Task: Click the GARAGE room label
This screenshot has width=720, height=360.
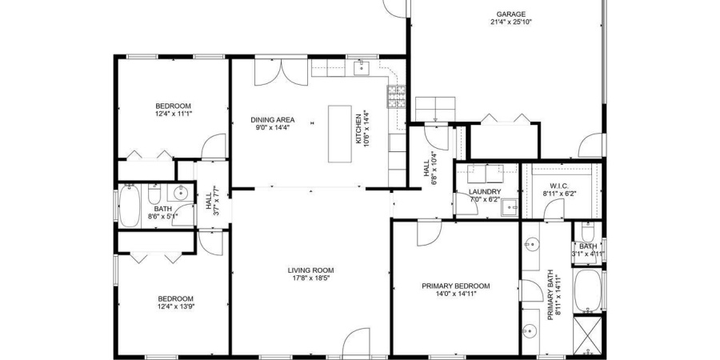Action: [510, 14]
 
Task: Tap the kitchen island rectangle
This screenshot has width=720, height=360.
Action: [340, 134]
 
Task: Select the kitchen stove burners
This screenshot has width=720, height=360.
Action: [397, 97]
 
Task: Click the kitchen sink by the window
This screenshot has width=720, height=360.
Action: [362, 68]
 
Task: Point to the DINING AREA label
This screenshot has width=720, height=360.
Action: [272, 120]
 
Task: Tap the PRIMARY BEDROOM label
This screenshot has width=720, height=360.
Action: [455, 286]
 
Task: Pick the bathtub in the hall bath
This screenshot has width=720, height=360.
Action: [129, 206]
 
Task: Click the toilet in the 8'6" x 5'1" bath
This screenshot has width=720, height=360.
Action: [154, 195]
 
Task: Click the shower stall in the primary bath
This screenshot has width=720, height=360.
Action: [588, 335]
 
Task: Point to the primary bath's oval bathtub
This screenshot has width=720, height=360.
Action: [588, 290]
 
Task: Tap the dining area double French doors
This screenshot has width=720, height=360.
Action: [281, 72]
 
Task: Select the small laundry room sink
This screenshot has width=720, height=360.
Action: [510, 207]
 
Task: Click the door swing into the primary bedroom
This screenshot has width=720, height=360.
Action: [430, 234]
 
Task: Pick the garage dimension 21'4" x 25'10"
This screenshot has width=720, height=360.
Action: [510, 22]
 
